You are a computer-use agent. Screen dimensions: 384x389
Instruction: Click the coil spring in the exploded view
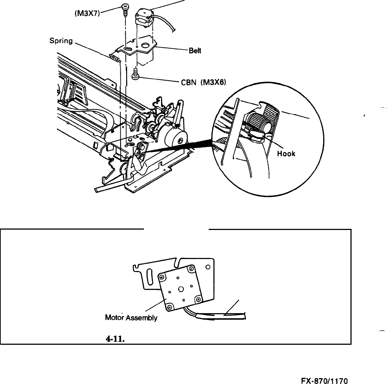(x=114, y=57)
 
